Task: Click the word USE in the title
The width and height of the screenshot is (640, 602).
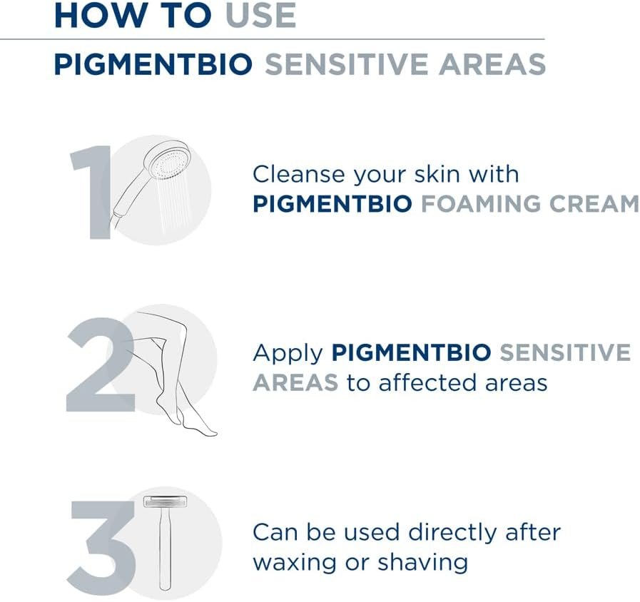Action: coord(261,16)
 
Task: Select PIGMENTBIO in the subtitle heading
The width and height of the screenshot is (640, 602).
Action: coord(153,64)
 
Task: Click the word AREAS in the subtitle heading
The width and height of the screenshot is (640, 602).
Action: coord(492,64)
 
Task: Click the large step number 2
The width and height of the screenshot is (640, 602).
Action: coord(101,364)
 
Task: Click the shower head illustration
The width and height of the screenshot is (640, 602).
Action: coord(153,180)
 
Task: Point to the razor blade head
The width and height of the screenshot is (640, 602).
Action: coord(166,501)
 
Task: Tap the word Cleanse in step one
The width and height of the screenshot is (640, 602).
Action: coord(299,174)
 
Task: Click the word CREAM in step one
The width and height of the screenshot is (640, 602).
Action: coord(594,204)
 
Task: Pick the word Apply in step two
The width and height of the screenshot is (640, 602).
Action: coord(288,354)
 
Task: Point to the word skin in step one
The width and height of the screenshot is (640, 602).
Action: coord(437,174)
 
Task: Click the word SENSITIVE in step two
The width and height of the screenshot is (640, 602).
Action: coord(565,352)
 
